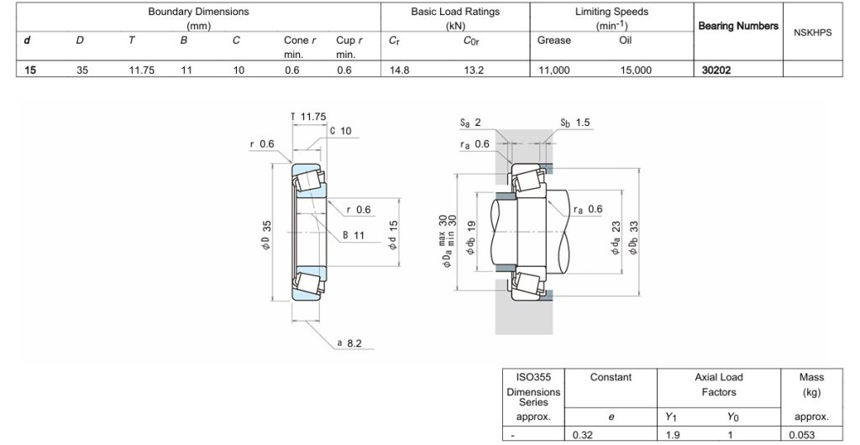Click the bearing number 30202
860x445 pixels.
coord(716,71)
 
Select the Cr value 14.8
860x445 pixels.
coord(400,71)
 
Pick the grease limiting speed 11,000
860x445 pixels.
coord(553,71)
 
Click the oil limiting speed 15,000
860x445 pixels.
coord(636,71)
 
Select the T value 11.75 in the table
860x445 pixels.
coord(141,71)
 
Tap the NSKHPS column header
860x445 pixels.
coord(812,32)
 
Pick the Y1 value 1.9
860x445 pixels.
coord(673,435)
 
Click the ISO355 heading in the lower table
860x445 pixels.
coord(533,377)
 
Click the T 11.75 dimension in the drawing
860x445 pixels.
coord(307,117)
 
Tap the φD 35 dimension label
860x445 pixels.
coord(266,235)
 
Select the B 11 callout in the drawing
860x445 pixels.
coord(353,235)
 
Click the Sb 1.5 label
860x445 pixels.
coord(575,123)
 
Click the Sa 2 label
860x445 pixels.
coord(470,123)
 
